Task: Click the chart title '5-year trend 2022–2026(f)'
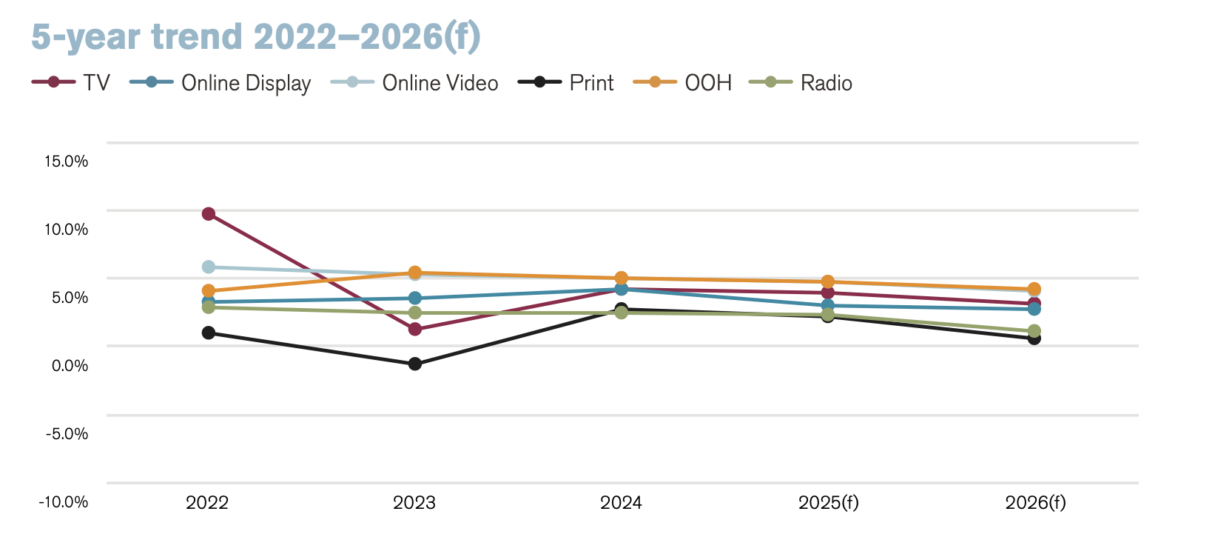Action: coord(256,37)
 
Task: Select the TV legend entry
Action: coord(71,82)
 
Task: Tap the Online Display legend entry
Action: coord(221,82)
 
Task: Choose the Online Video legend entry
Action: coord(414,82)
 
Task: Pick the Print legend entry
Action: coord(566,82)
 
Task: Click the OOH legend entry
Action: coord(683,82)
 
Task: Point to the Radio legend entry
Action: coord(801,82)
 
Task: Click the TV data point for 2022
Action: coord(209,214)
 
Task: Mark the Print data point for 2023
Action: coord(415,364)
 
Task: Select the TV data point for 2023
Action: coord(415,329)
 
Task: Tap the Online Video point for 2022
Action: coord(209,267)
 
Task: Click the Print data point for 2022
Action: coord(209,333)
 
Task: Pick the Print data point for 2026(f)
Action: coord(1034,338)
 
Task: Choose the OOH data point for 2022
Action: coord(209,291)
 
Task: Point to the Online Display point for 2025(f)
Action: coord(828,305)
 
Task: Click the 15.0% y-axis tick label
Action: coord(67,161)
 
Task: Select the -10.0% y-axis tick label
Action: coord(64,502)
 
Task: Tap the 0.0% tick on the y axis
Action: coord(70,366)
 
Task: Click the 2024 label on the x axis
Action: coord(622,504)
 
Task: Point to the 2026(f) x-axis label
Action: coord(1035,504)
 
